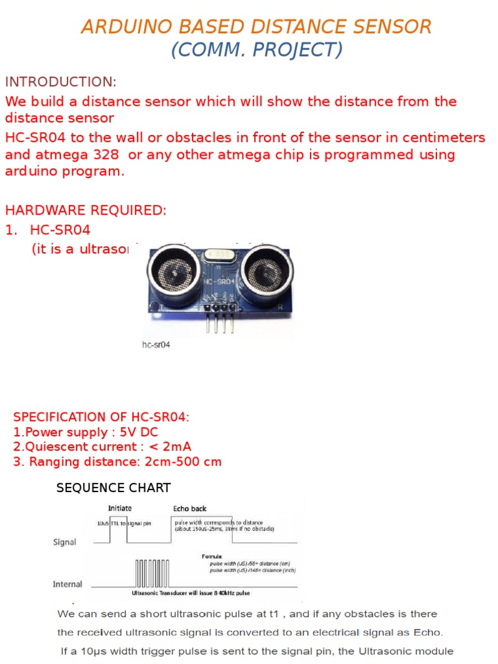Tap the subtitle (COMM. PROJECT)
tap(257, 49)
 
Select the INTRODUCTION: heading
tap(60, 82)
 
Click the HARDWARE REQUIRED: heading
tap(86, 211)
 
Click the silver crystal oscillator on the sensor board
tap(219, 255)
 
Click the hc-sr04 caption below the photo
tap(156, 346)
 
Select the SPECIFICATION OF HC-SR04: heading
tap(102, 417)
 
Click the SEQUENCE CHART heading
tap(113, 488)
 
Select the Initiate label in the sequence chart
tap(119, 508)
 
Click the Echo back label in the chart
tap(189, 508)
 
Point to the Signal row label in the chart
tap(64, 542)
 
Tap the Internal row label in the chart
tap(67, 584)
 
